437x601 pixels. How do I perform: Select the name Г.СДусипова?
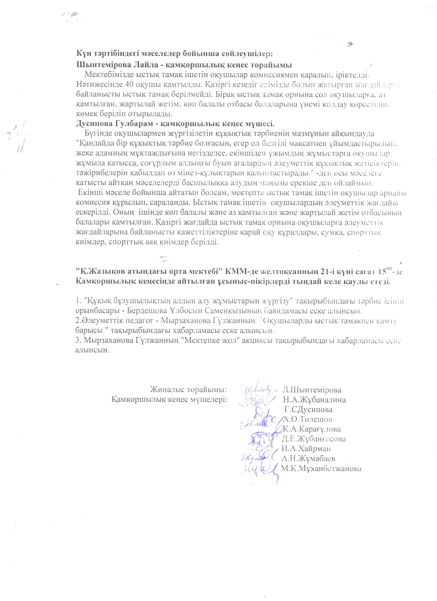308,409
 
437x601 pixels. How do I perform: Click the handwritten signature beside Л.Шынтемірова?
254,390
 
